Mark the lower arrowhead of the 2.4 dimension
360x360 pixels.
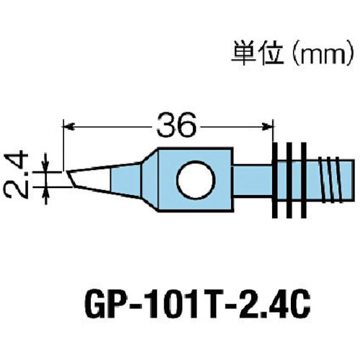(x=48, y=189)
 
